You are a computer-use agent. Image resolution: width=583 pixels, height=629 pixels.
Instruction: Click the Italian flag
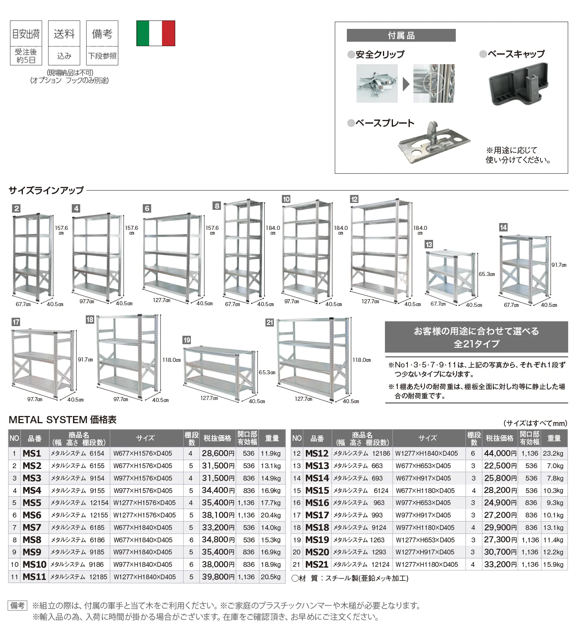click(x=156, y=33)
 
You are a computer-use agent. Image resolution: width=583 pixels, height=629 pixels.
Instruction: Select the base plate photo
click(x=433, y=143)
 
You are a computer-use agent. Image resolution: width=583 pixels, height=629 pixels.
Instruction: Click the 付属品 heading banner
click(x=401, y=35)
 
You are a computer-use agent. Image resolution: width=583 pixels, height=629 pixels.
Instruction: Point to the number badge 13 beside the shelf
click(x=429, y=244)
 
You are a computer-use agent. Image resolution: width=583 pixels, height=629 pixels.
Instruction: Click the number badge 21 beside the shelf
click(x=269, y=323)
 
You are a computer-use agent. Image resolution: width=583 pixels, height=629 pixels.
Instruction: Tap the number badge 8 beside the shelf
click(x=217, y=206)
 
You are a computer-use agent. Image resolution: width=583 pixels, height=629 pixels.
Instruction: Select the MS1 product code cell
click(x=32, y=453)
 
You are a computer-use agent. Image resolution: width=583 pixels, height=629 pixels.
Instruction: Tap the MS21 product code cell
click(x=317, y=564)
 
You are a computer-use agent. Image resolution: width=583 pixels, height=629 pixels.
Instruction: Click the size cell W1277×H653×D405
click(x=425, y=540)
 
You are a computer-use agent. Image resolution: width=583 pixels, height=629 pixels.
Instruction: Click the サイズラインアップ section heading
click(x=46, y=190)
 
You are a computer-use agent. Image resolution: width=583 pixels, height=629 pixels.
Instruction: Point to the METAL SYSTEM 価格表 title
click(x=63, y=420)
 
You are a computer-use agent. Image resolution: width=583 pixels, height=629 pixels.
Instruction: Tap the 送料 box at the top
click(x=64, y=43)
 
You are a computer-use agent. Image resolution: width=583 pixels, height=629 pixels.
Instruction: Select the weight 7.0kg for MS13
click(x=555, y=466)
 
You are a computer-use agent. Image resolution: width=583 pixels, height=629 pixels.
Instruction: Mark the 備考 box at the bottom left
click(x=18, y=605)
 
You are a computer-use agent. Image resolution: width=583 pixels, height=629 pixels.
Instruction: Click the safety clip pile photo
click(x=377, y=83)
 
